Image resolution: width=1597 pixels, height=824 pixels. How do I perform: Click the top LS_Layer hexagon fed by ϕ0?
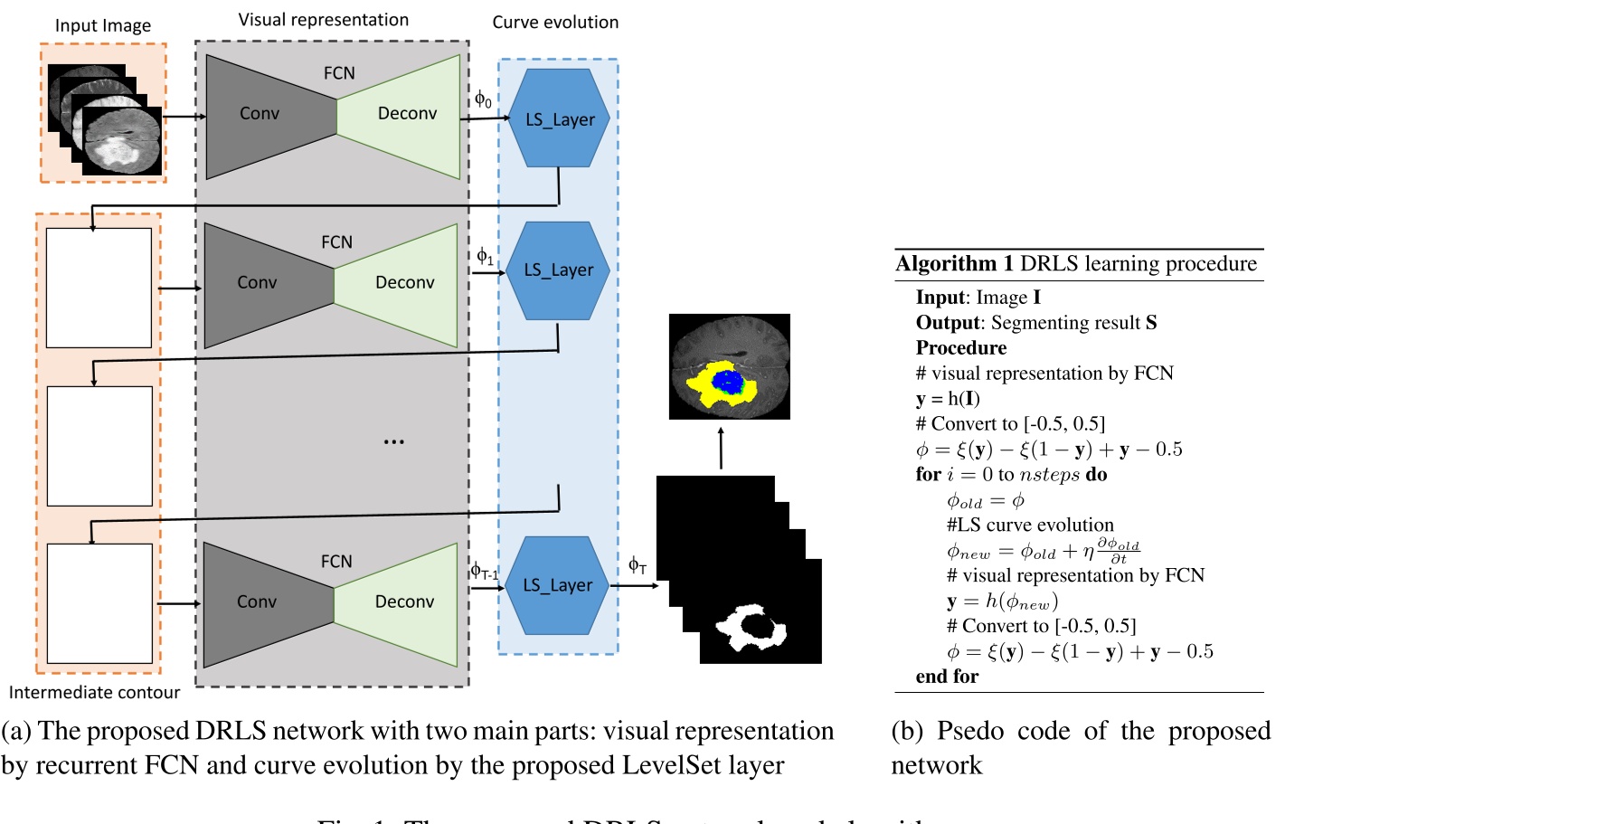coord(559,118)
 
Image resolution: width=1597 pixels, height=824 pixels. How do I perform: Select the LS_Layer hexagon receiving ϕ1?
coord(558,270)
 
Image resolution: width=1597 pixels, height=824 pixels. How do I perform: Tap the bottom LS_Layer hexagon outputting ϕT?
coord(557,585)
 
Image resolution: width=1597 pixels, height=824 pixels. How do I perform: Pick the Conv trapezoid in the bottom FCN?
coord(258,602)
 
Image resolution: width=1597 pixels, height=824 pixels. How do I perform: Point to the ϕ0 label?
coord(484,99)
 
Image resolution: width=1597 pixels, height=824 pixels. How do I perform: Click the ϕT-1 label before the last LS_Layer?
coord(484,571)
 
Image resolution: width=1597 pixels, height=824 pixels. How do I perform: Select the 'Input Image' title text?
coord(103,25)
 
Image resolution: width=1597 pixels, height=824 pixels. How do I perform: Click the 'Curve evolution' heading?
coord(555,22)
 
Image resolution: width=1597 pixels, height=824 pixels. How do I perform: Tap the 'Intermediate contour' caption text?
coord(94,692)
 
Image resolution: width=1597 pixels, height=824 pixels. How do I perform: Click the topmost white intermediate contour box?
coord(99,288)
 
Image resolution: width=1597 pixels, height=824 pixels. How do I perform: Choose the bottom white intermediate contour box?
coord(99,603)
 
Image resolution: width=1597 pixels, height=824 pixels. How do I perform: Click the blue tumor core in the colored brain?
coord(727,381)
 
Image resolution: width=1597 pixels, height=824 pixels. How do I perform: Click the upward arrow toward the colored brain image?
coord(721,447)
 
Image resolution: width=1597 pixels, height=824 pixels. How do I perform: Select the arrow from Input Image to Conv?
coord(185,116)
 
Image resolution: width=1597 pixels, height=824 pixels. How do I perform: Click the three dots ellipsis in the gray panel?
coord(393,441)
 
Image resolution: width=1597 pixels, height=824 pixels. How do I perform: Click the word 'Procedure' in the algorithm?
coord(960,348)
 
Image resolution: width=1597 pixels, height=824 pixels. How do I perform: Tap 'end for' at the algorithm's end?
coord(947,677)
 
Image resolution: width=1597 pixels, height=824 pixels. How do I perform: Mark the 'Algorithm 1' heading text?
coord(954,264)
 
